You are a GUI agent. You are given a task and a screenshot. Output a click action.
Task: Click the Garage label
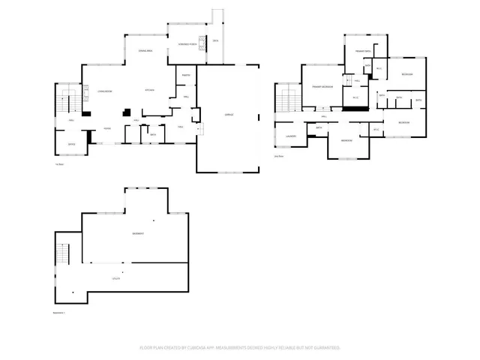click(229, 114)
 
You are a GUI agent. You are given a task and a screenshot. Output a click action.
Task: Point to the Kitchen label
click(150, 90)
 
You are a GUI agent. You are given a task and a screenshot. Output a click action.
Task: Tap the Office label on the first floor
click(71, 143)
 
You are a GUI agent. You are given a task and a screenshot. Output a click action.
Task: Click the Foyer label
click(108, 128)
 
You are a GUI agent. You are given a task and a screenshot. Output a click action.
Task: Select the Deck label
click(216, 40)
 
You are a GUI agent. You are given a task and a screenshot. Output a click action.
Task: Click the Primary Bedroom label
click(322, 88)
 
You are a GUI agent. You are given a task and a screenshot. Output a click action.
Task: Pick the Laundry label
click(292, 136)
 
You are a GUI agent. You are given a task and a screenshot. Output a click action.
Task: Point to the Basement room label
click(139, 234)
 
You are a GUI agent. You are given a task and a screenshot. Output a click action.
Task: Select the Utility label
click(117, 278)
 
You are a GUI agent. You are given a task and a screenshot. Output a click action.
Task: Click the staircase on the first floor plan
click(67, 100)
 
